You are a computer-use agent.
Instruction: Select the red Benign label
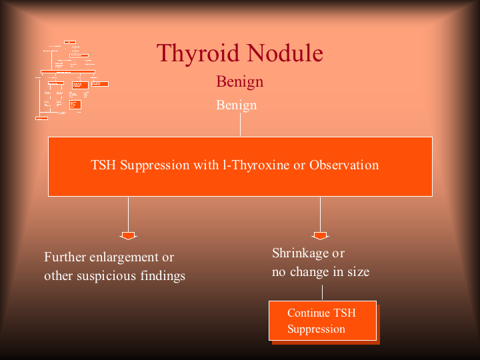point(239,82)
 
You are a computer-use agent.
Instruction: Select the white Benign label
point(236,105)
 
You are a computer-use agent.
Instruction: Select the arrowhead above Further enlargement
point(128,235)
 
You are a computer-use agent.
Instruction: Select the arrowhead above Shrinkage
point(320,235)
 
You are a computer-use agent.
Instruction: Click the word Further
point(65,257)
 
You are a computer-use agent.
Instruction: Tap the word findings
point(163,276)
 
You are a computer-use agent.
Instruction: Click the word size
point(357,272)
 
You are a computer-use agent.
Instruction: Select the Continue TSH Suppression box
point(323,321)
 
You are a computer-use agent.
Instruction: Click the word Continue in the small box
point(308,313)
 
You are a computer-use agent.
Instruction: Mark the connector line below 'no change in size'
point(322,293)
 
